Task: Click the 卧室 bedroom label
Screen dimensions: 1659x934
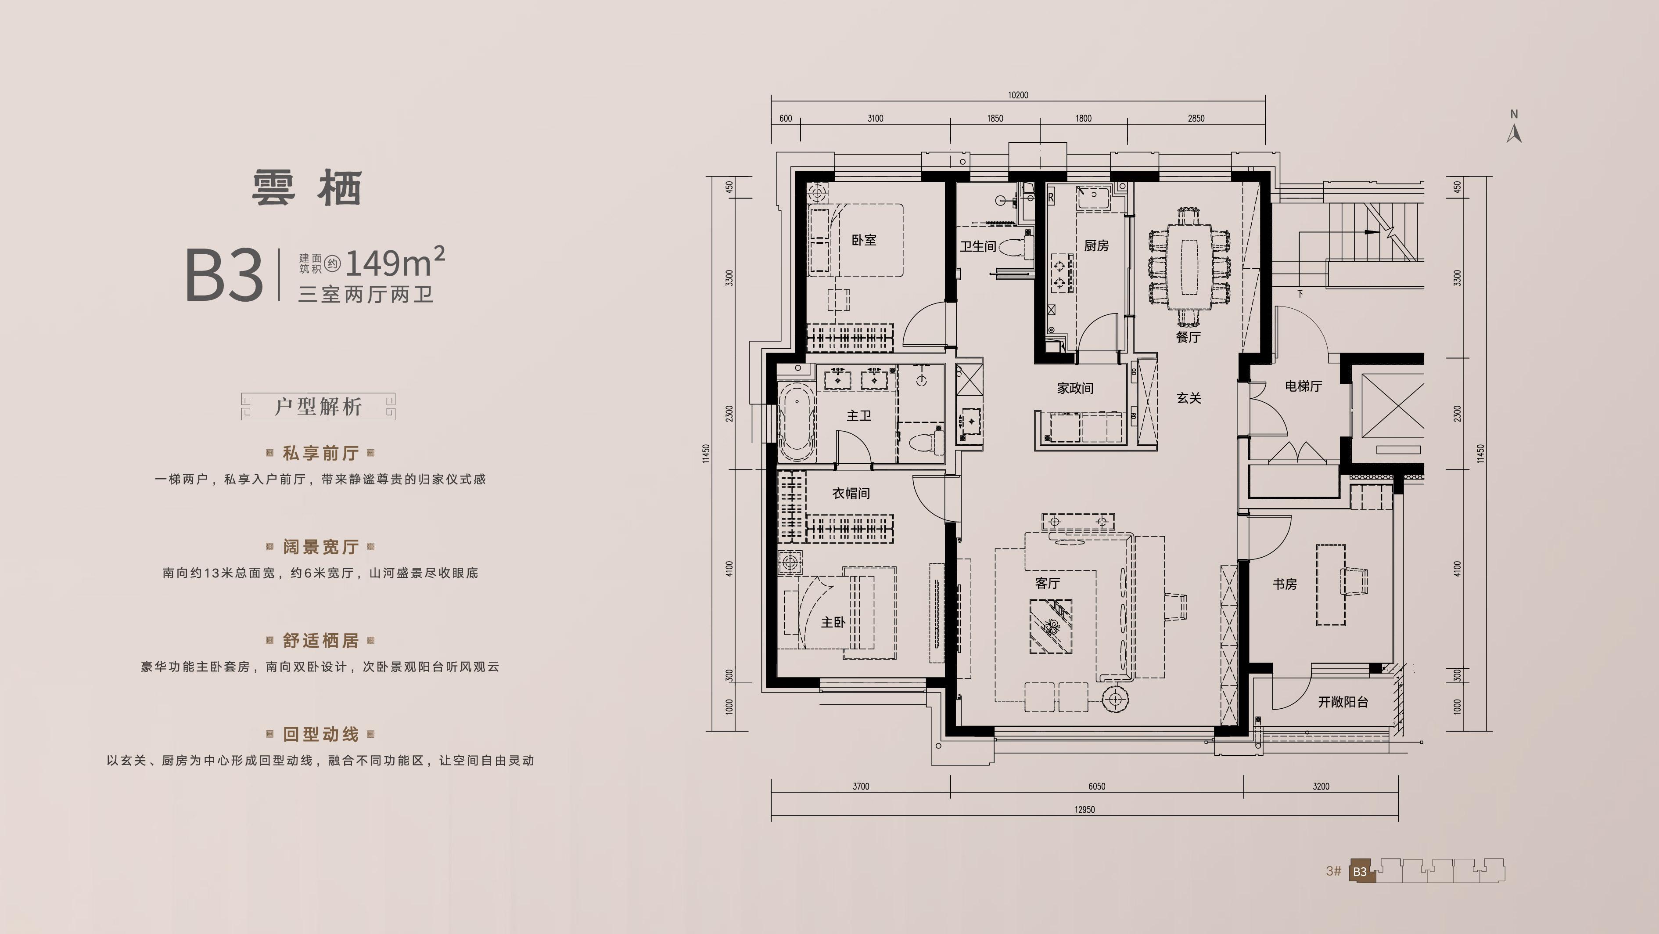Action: [864, 240]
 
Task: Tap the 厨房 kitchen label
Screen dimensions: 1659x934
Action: [1096, 245]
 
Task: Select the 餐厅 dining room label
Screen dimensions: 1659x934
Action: [1188, 337]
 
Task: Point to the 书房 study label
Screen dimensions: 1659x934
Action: [1284, 584]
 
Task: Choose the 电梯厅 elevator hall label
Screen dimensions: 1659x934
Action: [1303, 386]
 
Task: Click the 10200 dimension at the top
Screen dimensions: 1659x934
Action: [1018, 95]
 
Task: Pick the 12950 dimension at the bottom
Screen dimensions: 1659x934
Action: [1084, 810]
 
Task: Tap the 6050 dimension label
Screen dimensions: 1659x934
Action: [1097, 786]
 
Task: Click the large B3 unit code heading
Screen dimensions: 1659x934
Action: [224, 276]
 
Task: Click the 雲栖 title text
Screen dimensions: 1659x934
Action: [307, 188]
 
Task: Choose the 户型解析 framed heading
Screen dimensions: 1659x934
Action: [318, 407]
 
